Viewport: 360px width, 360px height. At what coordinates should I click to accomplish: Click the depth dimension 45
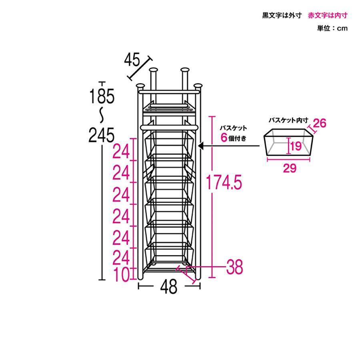[132, 60]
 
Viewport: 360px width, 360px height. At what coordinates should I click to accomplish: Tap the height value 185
[102, 96]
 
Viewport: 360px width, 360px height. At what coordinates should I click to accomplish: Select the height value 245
[101, 135]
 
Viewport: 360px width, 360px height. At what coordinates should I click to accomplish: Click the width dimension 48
[169, 286]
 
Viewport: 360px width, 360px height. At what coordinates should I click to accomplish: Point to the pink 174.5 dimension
[224, 182]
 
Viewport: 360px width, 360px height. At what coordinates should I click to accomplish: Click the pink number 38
[234, 267]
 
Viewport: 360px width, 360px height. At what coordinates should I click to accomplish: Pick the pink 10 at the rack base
[122, 274]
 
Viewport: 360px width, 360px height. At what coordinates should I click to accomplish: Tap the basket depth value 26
[319, 123]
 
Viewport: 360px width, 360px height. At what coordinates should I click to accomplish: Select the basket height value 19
[296, 146]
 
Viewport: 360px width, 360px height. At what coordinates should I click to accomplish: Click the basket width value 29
[290, 168]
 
